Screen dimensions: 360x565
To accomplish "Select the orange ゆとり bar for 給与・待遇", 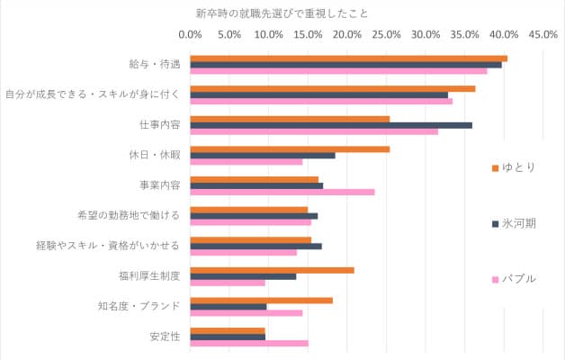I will (x=349, y=58).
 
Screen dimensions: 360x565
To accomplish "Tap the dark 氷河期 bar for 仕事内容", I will (x=331, y=125).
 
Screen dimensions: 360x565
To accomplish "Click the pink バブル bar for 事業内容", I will (x=282, y=192).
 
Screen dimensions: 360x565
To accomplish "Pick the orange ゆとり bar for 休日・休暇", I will (x=290, y=148).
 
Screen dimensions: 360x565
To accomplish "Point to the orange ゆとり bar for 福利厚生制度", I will (x=272, y=270).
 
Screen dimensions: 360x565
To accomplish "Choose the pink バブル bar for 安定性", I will (x=249, y=343).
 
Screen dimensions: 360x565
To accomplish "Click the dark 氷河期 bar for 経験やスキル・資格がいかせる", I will (x=256, y=246).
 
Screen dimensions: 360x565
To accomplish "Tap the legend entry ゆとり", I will (x=517, y=167).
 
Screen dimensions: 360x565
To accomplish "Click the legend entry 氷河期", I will (x=517, y=223).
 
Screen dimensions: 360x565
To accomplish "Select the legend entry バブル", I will (x=517, y=279).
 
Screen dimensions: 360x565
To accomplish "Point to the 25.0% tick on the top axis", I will (x=387, y=35).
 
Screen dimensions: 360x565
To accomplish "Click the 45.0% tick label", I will (x=543, y=35).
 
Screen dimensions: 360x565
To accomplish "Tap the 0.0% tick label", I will (x=191, y=35).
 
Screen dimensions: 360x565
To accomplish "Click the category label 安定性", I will (x=165, y=337).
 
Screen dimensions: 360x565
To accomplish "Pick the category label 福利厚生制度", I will (x=149, y=276).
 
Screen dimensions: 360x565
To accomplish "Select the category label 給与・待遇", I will (x=155, y=65).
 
